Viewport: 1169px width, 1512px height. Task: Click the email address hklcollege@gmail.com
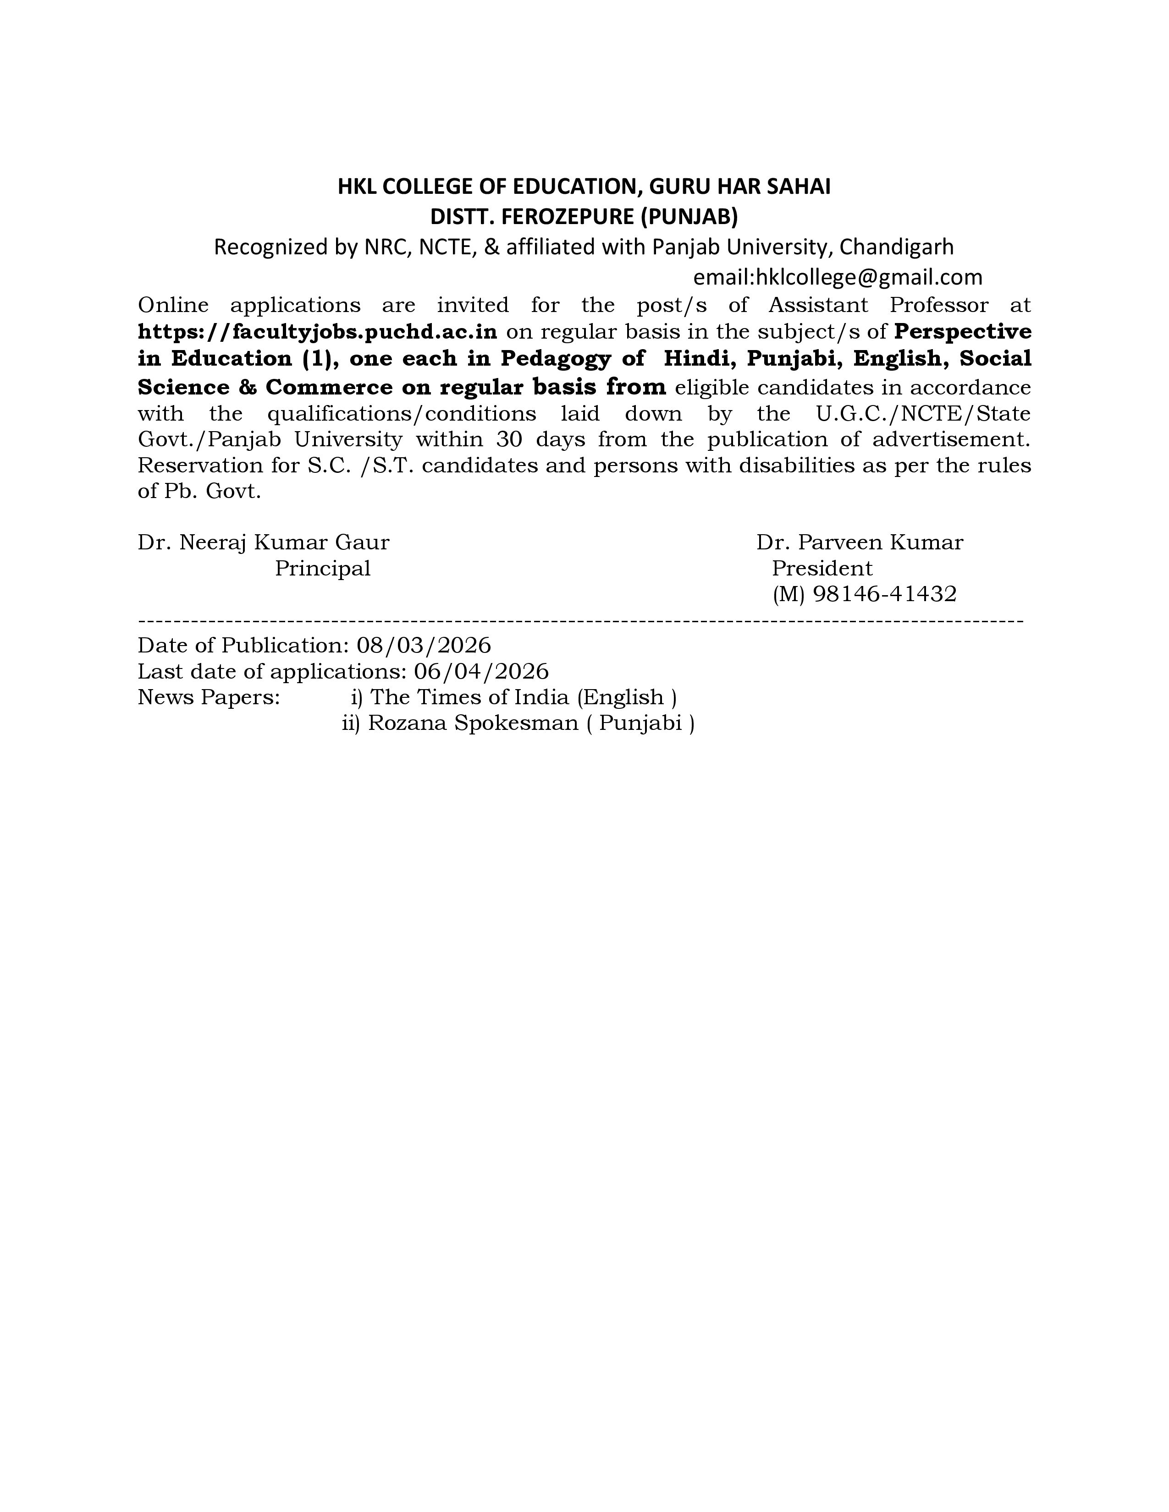[868, 278]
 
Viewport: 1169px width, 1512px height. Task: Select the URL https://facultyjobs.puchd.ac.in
[317, 332]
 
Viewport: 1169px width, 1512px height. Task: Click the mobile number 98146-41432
[884, 594]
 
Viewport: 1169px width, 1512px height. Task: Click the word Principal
[323, 569]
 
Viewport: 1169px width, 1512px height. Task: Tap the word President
[822, 569]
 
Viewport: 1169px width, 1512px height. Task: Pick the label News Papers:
[209, 697]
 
